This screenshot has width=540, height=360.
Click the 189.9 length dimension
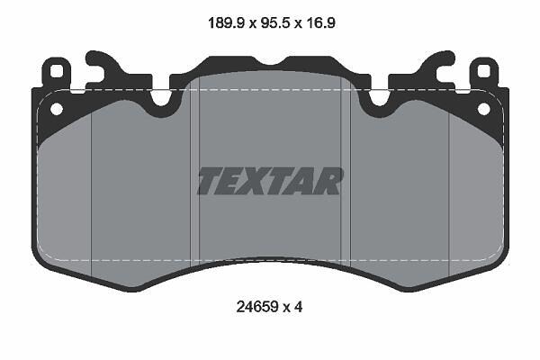pos(226,23)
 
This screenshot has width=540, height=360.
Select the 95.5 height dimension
pos(276,23)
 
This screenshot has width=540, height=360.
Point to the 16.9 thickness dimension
pos(320,23)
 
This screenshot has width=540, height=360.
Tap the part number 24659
pos(256,307)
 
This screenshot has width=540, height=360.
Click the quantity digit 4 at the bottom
pos(298,307)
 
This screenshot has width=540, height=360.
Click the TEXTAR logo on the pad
pos(270,181)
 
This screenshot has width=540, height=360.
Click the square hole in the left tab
pos(57,71)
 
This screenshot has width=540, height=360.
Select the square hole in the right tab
pos(483,71)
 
